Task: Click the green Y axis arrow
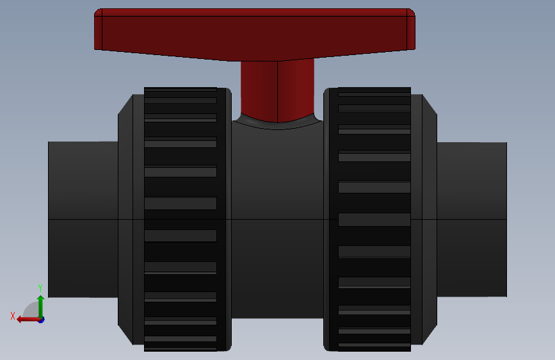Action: (40, 305)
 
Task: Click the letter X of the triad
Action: (13, 316)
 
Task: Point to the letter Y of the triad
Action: (40, 288)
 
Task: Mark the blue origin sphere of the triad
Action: (41, 319)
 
